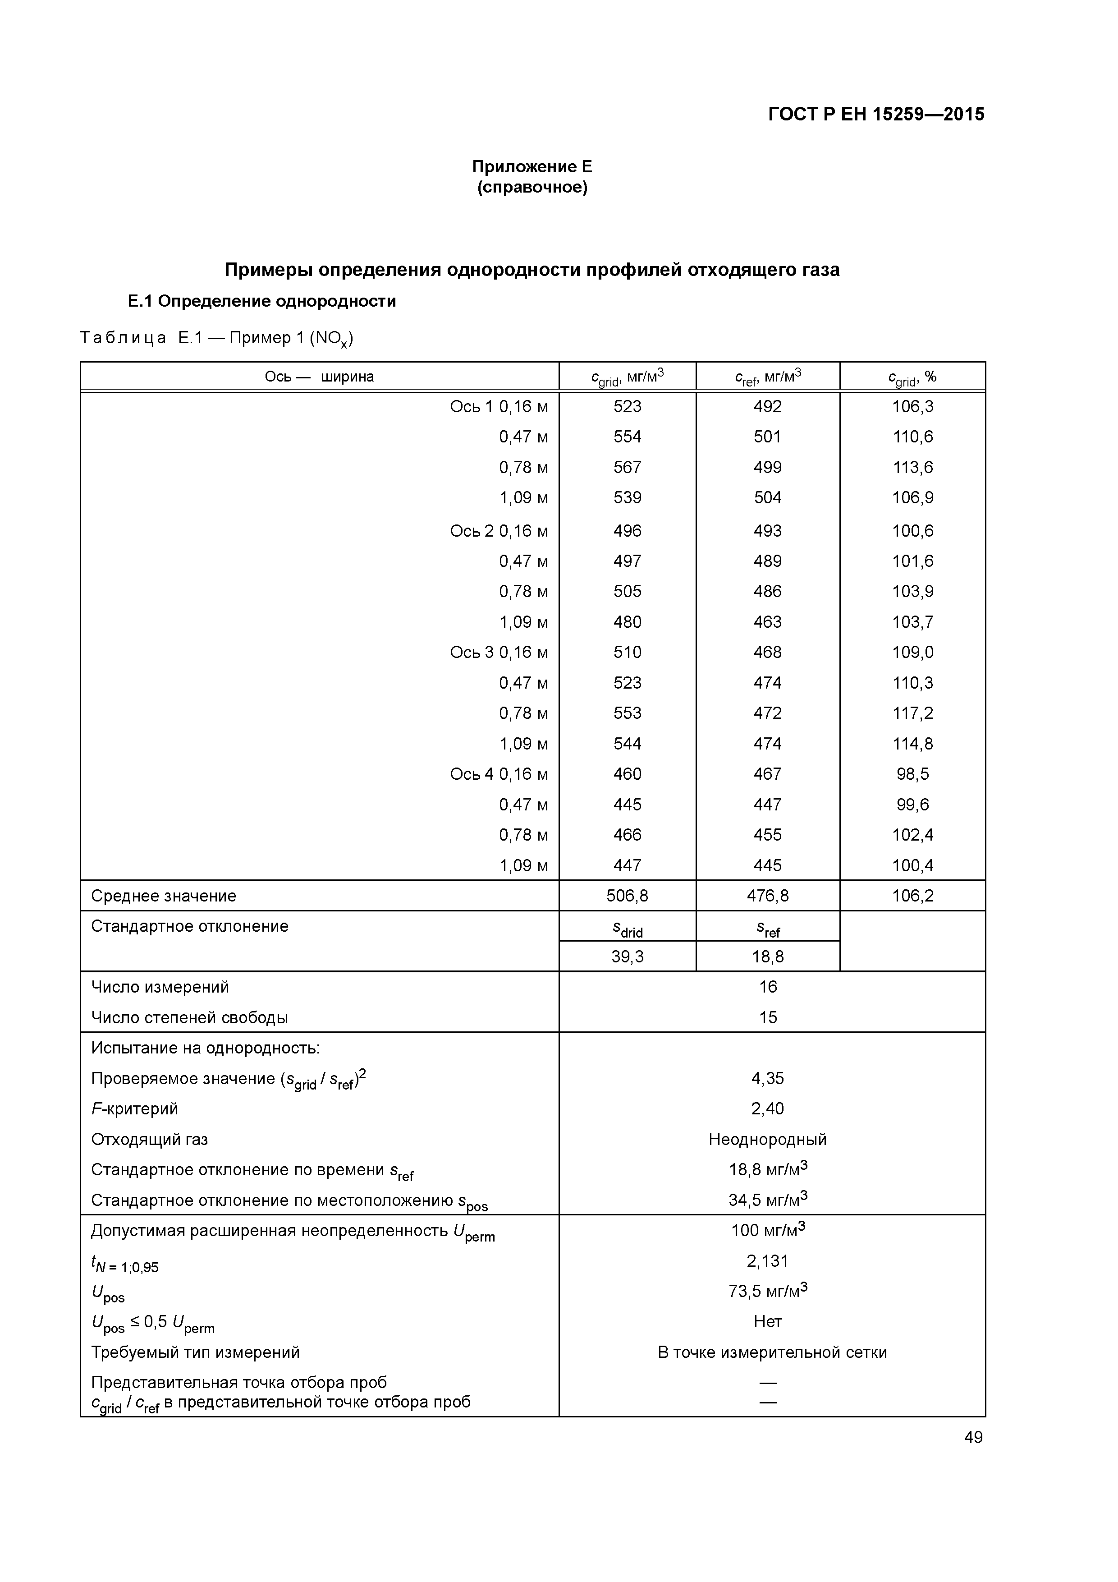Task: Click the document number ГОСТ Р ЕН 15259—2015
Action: coord(876,115)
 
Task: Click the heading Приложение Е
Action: coord(532,167)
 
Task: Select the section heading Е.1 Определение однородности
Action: coord(262,301)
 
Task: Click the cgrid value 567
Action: coord(627,467)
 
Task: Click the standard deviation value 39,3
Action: coord(627,957)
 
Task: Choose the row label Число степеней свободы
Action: coord(189,1018)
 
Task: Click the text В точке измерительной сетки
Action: coord(771,1352)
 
